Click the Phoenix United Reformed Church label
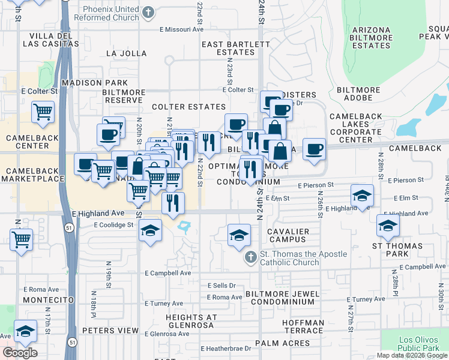click(111, 13)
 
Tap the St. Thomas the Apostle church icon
click(251, 257)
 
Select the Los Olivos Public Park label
click(419, 343)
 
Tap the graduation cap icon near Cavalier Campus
click(239, 235)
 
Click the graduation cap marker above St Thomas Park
click(388, 226)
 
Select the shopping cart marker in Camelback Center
click(43, 112)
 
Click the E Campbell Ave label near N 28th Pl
click(409, 266)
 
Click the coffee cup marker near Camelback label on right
click(314, 149)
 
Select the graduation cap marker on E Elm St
click(362, 195)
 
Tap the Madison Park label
click(94, 83)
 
